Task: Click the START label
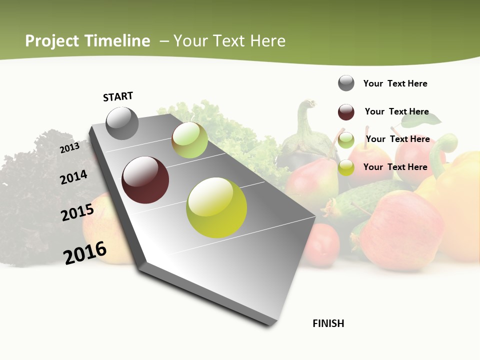[118, 96]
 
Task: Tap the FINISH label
[328, 323]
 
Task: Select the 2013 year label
[69, 147]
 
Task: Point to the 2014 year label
[73, 177]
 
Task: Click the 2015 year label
[77, 212]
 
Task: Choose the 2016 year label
[85, 253]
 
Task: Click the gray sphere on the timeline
[122, 123]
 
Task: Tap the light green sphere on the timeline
[190, 140]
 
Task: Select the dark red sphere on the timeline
[145, 180]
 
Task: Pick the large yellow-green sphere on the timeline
[216, 207]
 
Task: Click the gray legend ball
[346, 83]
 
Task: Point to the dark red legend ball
[346, 112]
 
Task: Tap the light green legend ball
[346, 140]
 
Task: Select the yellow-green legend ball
[346, 167]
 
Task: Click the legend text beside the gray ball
[395, 83]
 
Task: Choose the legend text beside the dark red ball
[396, 111]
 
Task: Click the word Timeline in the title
[118, 41]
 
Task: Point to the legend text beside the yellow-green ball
[395, 167]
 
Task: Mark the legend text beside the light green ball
[397, 139]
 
